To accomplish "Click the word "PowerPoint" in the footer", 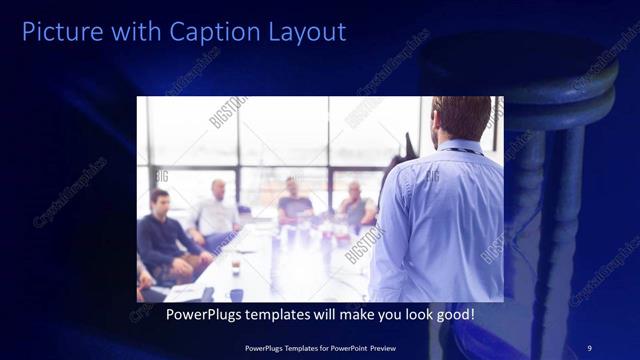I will pos(354,346).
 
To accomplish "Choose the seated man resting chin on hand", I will pos(355,205).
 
